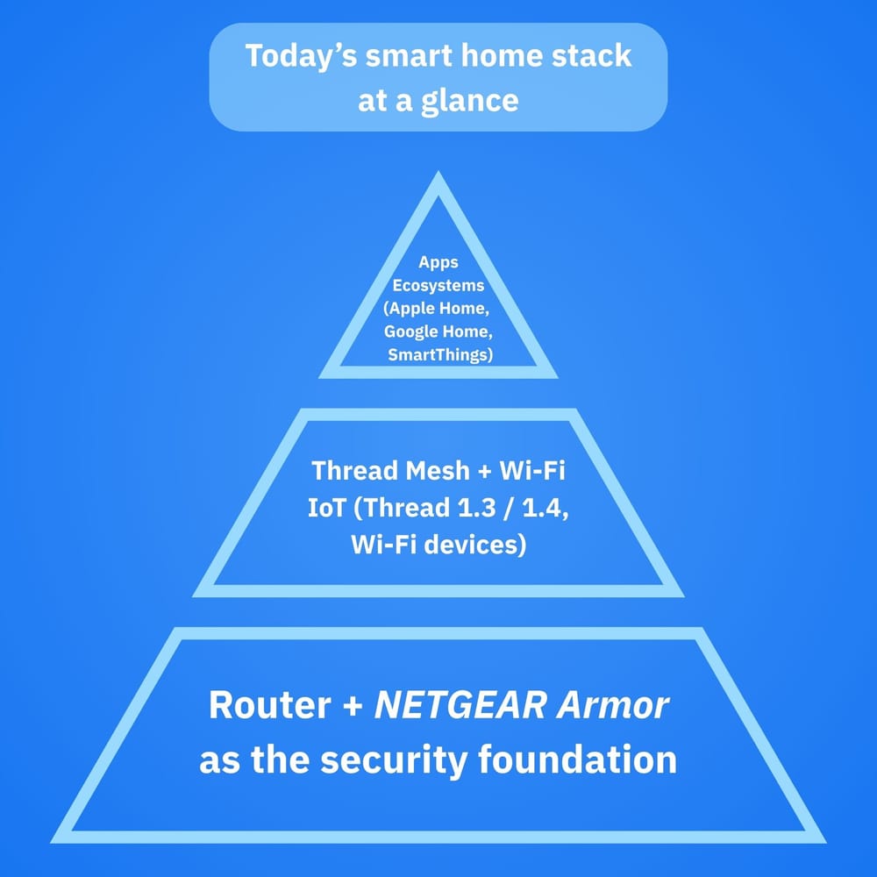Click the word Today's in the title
pos(297,56)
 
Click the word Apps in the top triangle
pos(438,262)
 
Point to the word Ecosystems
pos(438,285)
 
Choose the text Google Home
pos(438,332)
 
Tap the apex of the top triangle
pos(438,175)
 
